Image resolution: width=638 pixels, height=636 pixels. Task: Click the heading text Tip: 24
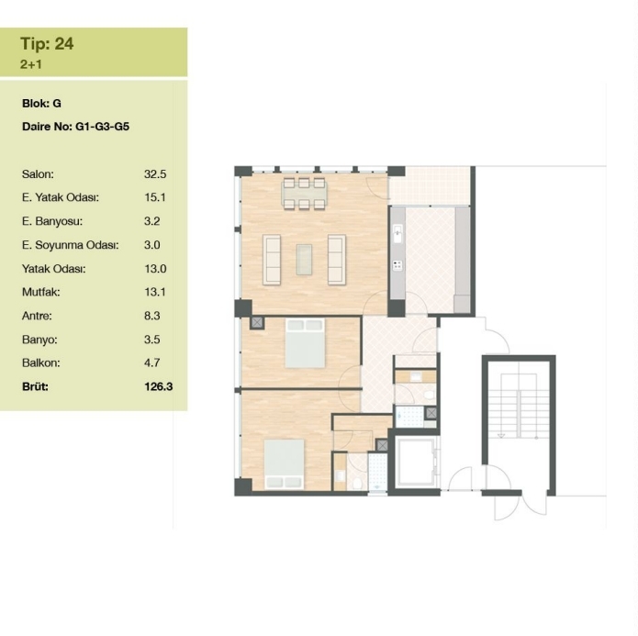47,44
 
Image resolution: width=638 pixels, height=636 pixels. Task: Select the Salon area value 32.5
155,174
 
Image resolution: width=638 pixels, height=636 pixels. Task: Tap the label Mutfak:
40,292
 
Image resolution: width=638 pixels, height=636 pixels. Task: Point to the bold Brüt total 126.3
158,386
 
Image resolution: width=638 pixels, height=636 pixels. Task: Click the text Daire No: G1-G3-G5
75,127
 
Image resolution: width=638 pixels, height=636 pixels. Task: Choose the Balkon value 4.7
151,363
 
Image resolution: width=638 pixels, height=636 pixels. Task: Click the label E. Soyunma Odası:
70,245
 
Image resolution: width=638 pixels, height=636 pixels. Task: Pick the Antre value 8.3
151,316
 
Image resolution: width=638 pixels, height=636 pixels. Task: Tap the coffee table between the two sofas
304,260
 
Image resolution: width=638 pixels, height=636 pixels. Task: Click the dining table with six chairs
305,194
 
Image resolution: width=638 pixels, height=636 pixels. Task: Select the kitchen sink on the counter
397,233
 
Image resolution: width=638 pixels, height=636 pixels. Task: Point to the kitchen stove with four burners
397,266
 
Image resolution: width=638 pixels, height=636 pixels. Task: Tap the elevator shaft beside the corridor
414,463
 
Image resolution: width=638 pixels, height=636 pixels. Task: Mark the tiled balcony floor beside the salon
430,186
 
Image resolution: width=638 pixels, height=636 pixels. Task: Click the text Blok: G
41,104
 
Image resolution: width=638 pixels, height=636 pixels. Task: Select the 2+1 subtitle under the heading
31,64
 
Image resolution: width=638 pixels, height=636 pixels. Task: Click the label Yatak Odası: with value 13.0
54,269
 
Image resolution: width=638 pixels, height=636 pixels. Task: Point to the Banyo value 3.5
151,340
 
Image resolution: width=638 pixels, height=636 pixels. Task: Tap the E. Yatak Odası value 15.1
155,197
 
